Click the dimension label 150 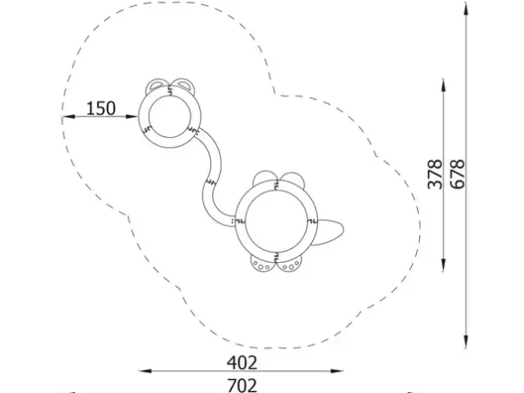pyautogui.click(x=101, y=108)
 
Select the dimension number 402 pyautogui.click(x=242, y=363)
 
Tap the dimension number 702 pyautogui.click(x=242, y=385)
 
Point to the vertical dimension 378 pyautogui.click(x=435, y=174)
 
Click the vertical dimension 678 pyautogui.click(x=457, y=174)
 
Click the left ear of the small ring pyautogui.click(x=156, y=85)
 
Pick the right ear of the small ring pyautogui.click(x=183, y=85)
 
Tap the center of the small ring pyautogui.click(x=169, y=116)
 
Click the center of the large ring pyautogui.click(x=276, y=221)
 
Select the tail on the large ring pyautogui.click(x=329, y=231)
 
